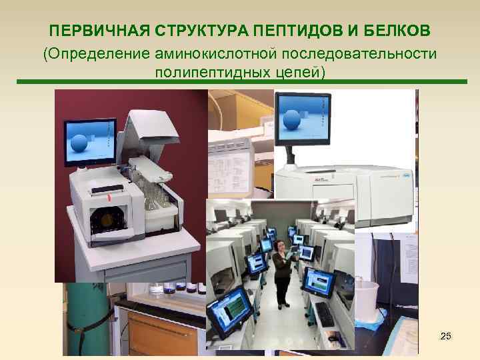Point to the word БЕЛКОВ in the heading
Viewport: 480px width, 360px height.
[x=396, y=31]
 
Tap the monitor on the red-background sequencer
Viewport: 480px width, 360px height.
[x=89, y=142]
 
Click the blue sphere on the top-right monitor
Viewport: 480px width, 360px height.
[x=293, y=121]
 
